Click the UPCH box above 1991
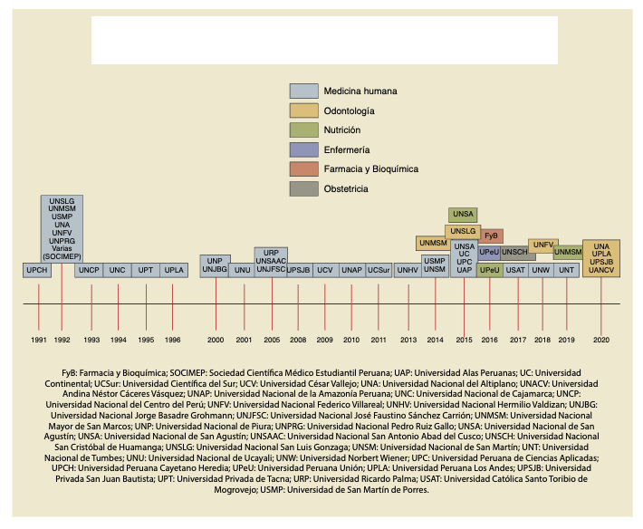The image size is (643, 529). pyautogui.click(x=37, y=270)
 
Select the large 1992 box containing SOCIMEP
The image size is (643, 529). pyautogui.click(x=62, y=227)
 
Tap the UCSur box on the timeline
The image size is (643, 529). pyautogui.click(x=379, y=270)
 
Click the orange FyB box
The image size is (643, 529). pyautogui.click(x=490, y=236)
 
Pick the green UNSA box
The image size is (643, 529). pyautogui.click(x=463, y=215)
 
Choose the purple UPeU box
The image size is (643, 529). pyautogui.click(x=489, y=252)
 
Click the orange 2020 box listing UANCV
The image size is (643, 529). pyautogui.click(x=601, y=258)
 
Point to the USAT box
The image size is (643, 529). pyautogui.click(x=516, y=270)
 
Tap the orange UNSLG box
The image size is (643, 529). pyautogui.click(x=463, y=232)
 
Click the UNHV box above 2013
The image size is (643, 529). pyautogui.click(x=408, y=270)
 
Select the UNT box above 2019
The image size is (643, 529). pyautogui.click(x=567, y=270)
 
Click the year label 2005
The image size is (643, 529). pyautogui.click(x=272, y=340)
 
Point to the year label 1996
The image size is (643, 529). pyautogui.click(x=172, y=340)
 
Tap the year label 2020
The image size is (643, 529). pyautogui.click(x=601, y=340)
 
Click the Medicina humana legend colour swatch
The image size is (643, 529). pyautogui.click(x=303, y=91)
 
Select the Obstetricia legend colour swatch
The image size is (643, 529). pyautogui.click(x=303, y=188)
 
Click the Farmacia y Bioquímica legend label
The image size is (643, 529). pyautogui.click(x=372, y=169)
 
